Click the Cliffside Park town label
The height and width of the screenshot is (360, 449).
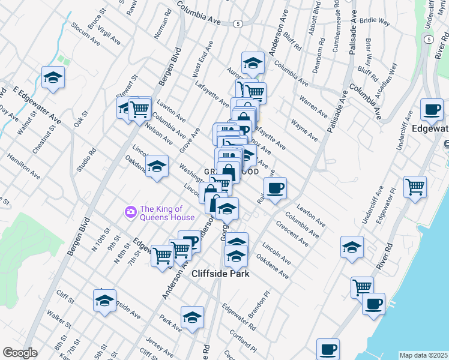pos(220,274)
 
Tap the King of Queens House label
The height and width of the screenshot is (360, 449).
pos(167,213)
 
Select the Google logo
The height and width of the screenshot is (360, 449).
pos(20,353)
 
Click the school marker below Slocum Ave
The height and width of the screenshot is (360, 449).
pos(53,78)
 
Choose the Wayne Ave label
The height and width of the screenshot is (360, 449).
pos(304,130)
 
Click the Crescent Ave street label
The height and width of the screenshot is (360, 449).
pos(292,234)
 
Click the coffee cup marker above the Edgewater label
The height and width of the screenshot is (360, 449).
pos(432,110)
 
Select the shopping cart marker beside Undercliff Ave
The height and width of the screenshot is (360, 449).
pos(415,187)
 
